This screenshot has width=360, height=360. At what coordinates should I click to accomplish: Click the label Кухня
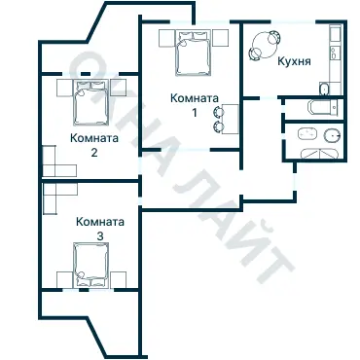(294, 60)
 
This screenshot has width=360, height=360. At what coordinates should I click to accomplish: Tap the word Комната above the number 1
(194, 97)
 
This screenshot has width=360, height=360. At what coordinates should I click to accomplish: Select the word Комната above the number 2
(94, 138)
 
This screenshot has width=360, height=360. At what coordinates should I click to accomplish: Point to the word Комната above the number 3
(99, 222)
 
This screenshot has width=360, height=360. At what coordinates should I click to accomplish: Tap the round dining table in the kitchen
(265, 45)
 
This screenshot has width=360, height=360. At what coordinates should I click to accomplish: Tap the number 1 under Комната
(194, 112)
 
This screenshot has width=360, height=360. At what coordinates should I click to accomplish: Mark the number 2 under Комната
(94, 152)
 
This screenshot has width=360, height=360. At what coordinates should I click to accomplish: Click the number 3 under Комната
(99, 236)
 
